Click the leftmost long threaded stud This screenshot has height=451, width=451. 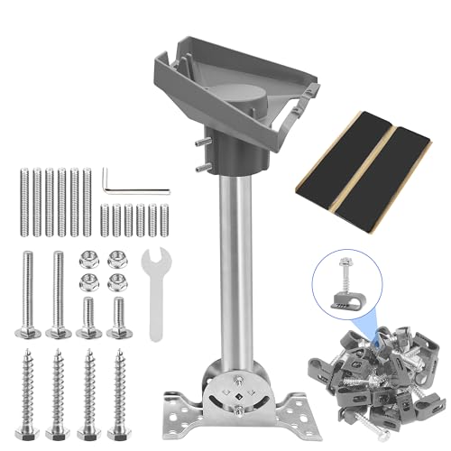tap(22, 199)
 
